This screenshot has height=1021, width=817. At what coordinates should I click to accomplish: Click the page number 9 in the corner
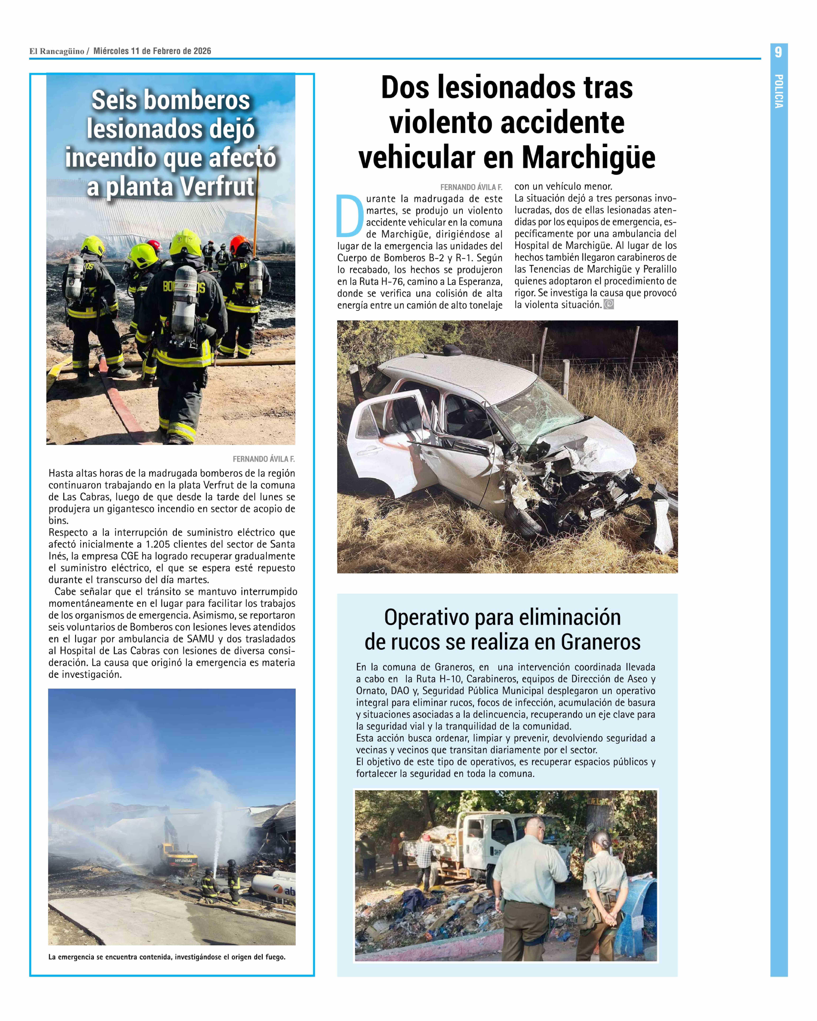(778, 52)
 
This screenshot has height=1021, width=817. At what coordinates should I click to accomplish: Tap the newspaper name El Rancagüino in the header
(57, 51)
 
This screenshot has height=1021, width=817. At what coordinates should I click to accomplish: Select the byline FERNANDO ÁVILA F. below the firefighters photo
(263, 459)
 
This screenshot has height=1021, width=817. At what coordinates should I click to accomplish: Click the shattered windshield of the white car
(535, 414)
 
